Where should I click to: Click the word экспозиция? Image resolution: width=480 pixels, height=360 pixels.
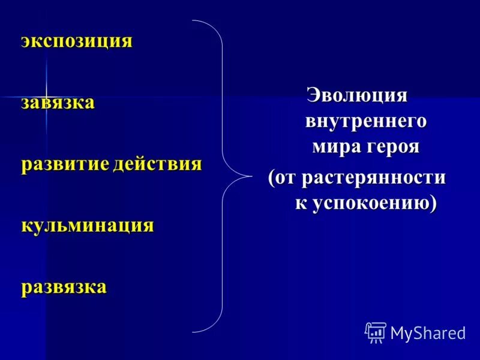pos(77,41)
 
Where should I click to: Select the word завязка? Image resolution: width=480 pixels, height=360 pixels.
pos(58,103)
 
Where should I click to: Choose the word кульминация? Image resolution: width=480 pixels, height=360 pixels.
pos(88,226)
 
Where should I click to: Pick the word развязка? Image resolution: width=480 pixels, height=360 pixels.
pos(64,287)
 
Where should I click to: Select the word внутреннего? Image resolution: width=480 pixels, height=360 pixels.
pos(366,121)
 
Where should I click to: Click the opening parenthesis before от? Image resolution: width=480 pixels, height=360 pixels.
pos(272,178)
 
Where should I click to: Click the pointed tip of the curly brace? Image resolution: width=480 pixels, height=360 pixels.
pos(251,176)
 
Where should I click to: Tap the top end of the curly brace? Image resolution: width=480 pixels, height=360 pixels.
pos(193,21)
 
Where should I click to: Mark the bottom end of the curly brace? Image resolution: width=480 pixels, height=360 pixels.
pos(193,331)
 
